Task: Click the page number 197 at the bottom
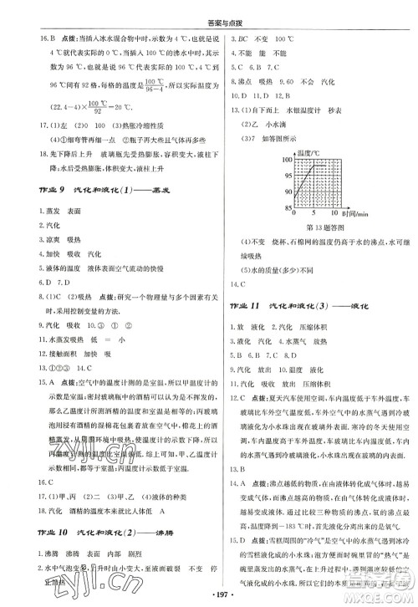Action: point(211,595)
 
